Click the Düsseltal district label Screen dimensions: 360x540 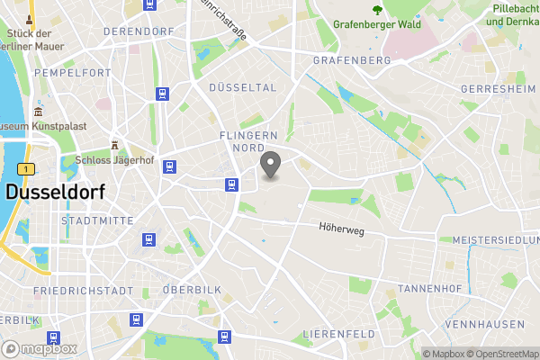click(242, 87)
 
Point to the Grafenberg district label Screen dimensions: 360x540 click(352, 60)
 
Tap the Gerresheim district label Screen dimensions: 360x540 click(498, 90)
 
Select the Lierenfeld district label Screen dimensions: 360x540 click(338, 334)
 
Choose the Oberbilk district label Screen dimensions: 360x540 click(191, 290)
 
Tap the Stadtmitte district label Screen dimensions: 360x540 click(96, 220)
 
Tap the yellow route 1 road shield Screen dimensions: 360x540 click(29, 169)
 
